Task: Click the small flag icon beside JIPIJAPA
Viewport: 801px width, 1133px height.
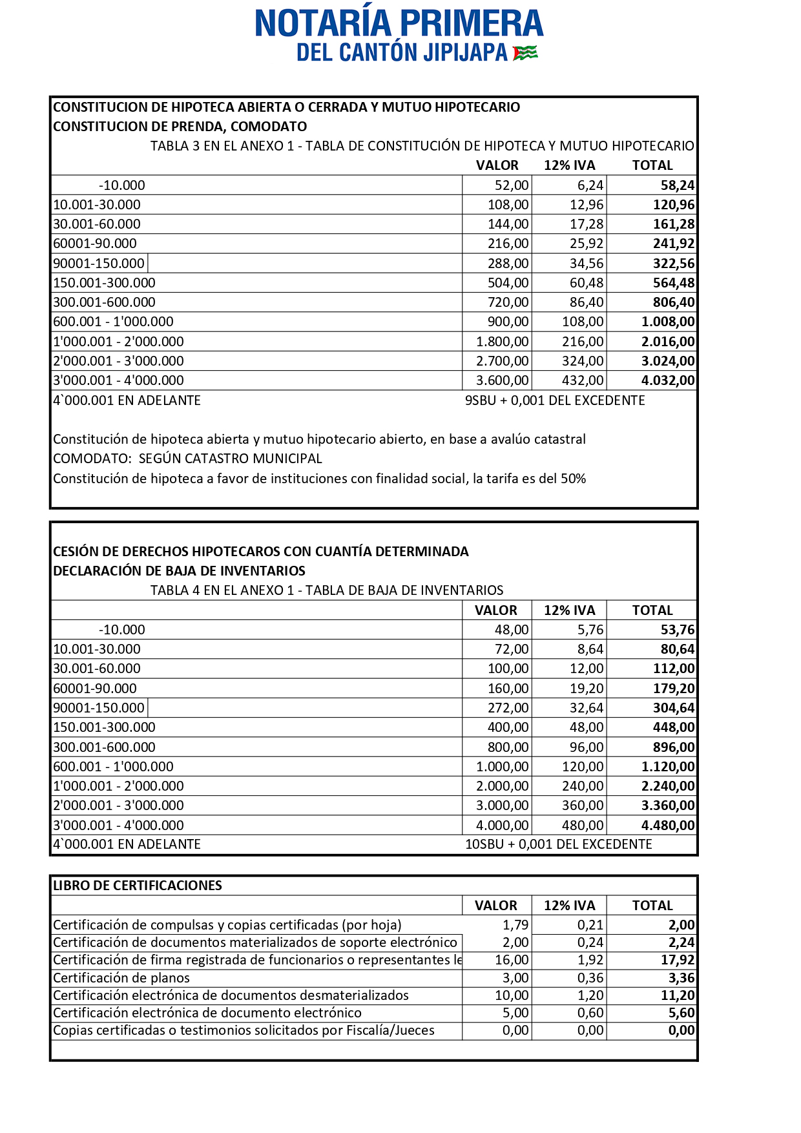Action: coord(525,52)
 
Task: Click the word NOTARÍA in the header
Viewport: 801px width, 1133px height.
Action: coord(323,23)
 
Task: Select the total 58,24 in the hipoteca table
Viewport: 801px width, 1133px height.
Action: coord(677,185)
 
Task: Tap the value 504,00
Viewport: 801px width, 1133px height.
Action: coord(508,283)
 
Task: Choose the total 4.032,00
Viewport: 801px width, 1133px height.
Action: coord(668,380)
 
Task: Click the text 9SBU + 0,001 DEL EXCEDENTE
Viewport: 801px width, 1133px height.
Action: coord(555,400)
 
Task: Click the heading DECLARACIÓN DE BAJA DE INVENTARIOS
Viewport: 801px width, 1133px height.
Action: coord(179,571)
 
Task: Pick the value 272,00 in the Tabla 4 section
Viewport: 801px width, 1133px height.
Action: coord(508,708)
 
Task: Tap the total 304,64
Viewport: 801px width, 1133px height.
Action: coord(674,708)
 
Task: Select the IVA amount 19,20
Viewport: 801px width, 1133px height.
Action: coord(587,689)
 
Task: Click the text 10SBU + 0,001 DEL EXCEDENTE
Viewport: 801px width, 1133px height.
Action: coord(558,844)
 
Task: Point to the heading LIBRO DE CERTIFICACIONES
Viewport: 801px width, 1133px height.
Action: coord(137,886)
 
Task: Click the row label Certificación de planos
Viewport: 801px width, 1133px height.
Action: coord(121,978)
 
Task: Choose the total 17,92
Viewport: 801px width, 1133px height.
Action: coord(678,961)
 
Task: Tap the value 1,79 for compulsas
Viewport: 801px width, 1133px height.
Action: coord(515,925)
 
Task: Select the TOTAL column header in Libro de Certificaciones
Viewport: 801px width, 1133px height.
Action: coord(652,906)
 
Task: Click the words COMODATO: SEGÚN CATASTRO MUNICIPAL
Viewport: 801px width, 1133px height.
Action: coord(187,459)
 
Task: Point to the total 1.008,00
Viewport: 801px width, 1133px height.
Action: coord(668,322)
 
